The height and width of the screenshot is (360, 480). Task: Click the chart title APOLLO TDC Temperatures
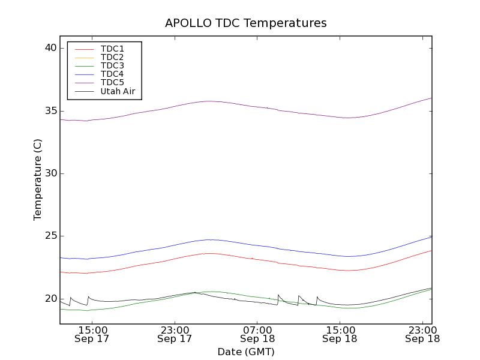pos(245,23)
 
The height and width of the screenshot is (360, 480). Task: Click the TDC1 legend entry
pos(112,49)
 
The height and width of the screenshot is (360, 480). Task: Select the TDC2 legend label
pos(112,57)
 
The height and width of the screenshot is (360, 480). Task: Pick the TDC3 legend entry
pos(112,65)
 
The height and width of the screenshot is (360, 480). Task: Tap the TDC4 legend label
pos(112,74)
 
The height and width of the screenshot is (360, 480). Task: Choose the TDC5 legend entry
pos(112,82)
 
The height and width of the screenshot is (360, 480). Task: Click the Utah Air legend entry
pos(118,91)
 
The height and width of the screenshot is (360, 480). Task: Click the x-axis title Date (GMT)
pos(245,352)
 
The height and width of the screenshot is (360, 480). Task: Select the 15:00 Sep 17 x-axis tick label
pos(92,334)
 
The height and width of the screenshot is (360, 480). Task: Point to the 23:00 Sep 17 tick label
pos(175,334)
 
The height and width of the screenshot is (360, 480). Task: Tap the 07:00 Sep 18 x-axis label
pos(257,334)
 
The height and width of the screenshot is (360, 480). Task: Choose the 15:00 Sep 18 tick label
pos(340,334)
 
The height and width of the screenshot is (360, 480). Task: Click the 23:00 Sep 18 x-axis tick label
pos(422,334)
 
